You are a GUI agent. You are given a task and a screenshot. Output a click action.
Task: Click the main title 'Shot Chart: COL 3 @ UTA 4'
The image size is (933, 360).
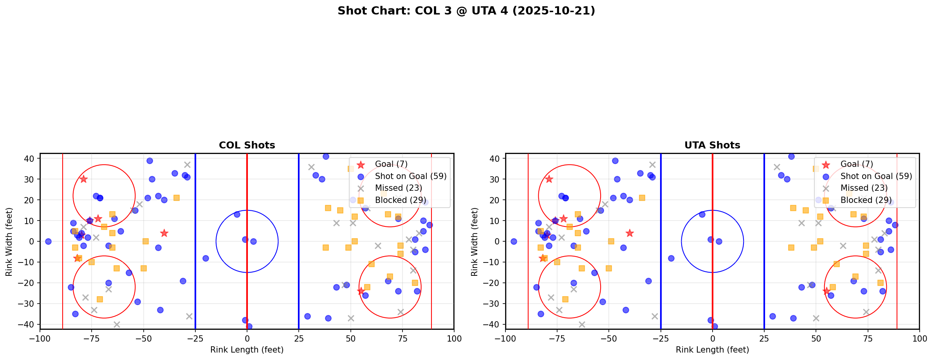coord(466,11)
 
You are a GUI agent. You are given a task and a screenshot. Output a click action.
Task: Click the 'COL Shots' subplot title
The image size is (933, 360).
coord(247,145)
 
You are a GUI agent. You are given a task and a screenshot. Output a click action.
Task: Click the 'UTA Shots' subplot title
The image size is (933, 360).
coord(712,145)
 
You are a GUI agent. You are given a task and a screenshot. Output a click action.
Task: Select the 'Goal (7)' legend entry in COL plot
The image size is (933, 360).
coord(391,164)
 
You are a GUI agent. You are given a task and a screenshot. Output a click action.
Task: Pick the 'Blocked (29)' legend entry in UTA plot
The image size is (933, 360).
coord(866,200)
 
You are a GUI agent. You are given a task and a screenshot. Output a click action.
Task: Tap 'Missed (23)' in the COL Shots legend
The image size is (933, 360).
coord(398,188)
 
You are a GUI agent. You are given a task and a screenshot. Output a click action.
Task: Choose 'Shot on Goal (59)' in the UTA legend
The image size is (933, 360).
coord(876,176)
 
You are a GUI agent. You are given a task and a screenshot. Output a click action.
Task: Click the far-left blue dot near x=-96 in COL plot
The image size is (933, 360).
coord(48,241)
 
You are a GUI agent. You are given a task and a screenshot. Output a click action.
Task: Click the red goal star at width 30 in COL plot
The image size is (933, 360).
coord(83,179)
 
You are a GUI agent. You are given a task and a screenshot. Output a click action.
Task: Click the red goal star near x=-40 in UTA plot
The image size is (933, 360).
coord(630,233)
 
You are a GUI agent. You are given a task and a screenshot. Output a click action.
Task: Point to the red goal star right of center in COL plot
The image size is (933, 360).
coord(361,291)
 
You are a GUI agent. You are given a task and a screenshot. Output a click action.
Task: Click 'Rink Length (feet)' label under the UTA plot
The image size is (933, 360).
coord(712,350)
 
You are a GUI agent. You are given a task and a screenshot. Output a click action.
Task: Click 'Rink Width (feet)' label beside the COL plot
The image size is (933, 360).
coord(9,241)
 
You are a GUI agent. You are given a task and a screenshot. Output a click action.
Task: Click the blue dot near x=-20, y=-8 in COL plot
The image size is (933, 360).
coord(206,258)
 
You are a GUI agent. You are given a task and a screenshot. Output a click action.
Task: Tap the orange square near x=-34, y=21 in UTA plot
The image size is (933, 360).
coord(642,198)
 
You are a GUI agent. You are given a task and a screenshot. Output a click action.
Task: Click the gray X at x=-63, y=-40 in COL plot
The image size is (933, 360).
coord(117,324)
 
